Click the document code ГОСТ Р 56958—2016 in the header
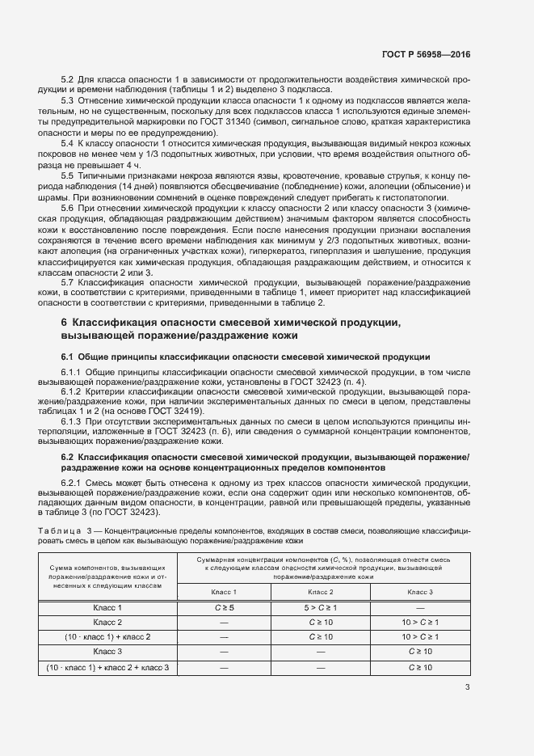(426, 55)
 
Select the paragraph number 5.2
(68, 79)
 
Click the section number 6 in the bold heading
(65, 323)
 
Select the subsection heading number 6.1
(69, 357)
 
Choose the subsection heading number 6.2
(69, 458)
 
